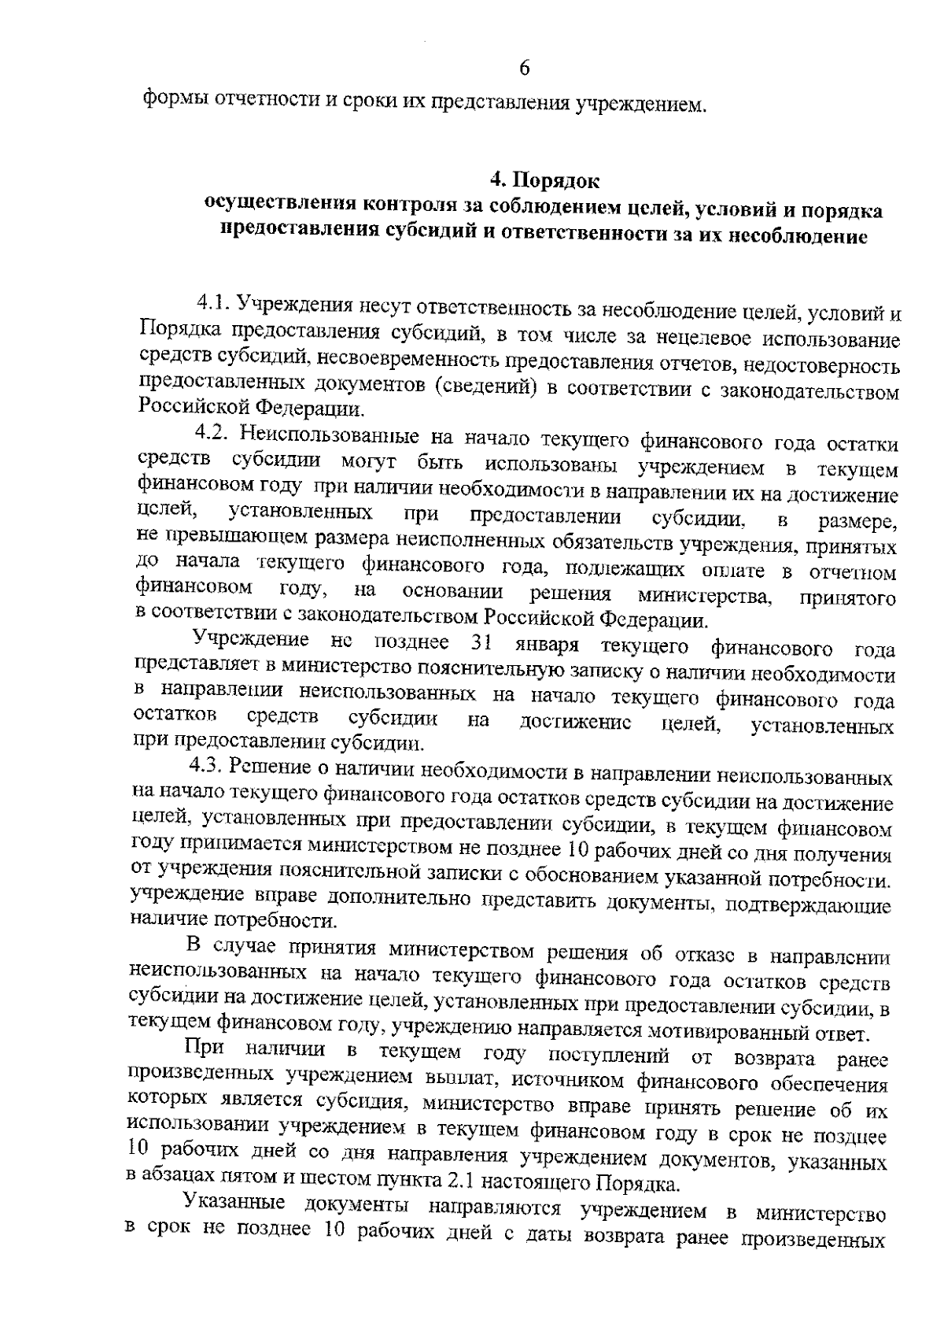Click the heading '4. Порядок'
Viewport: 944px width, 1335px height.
(544, 180)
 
